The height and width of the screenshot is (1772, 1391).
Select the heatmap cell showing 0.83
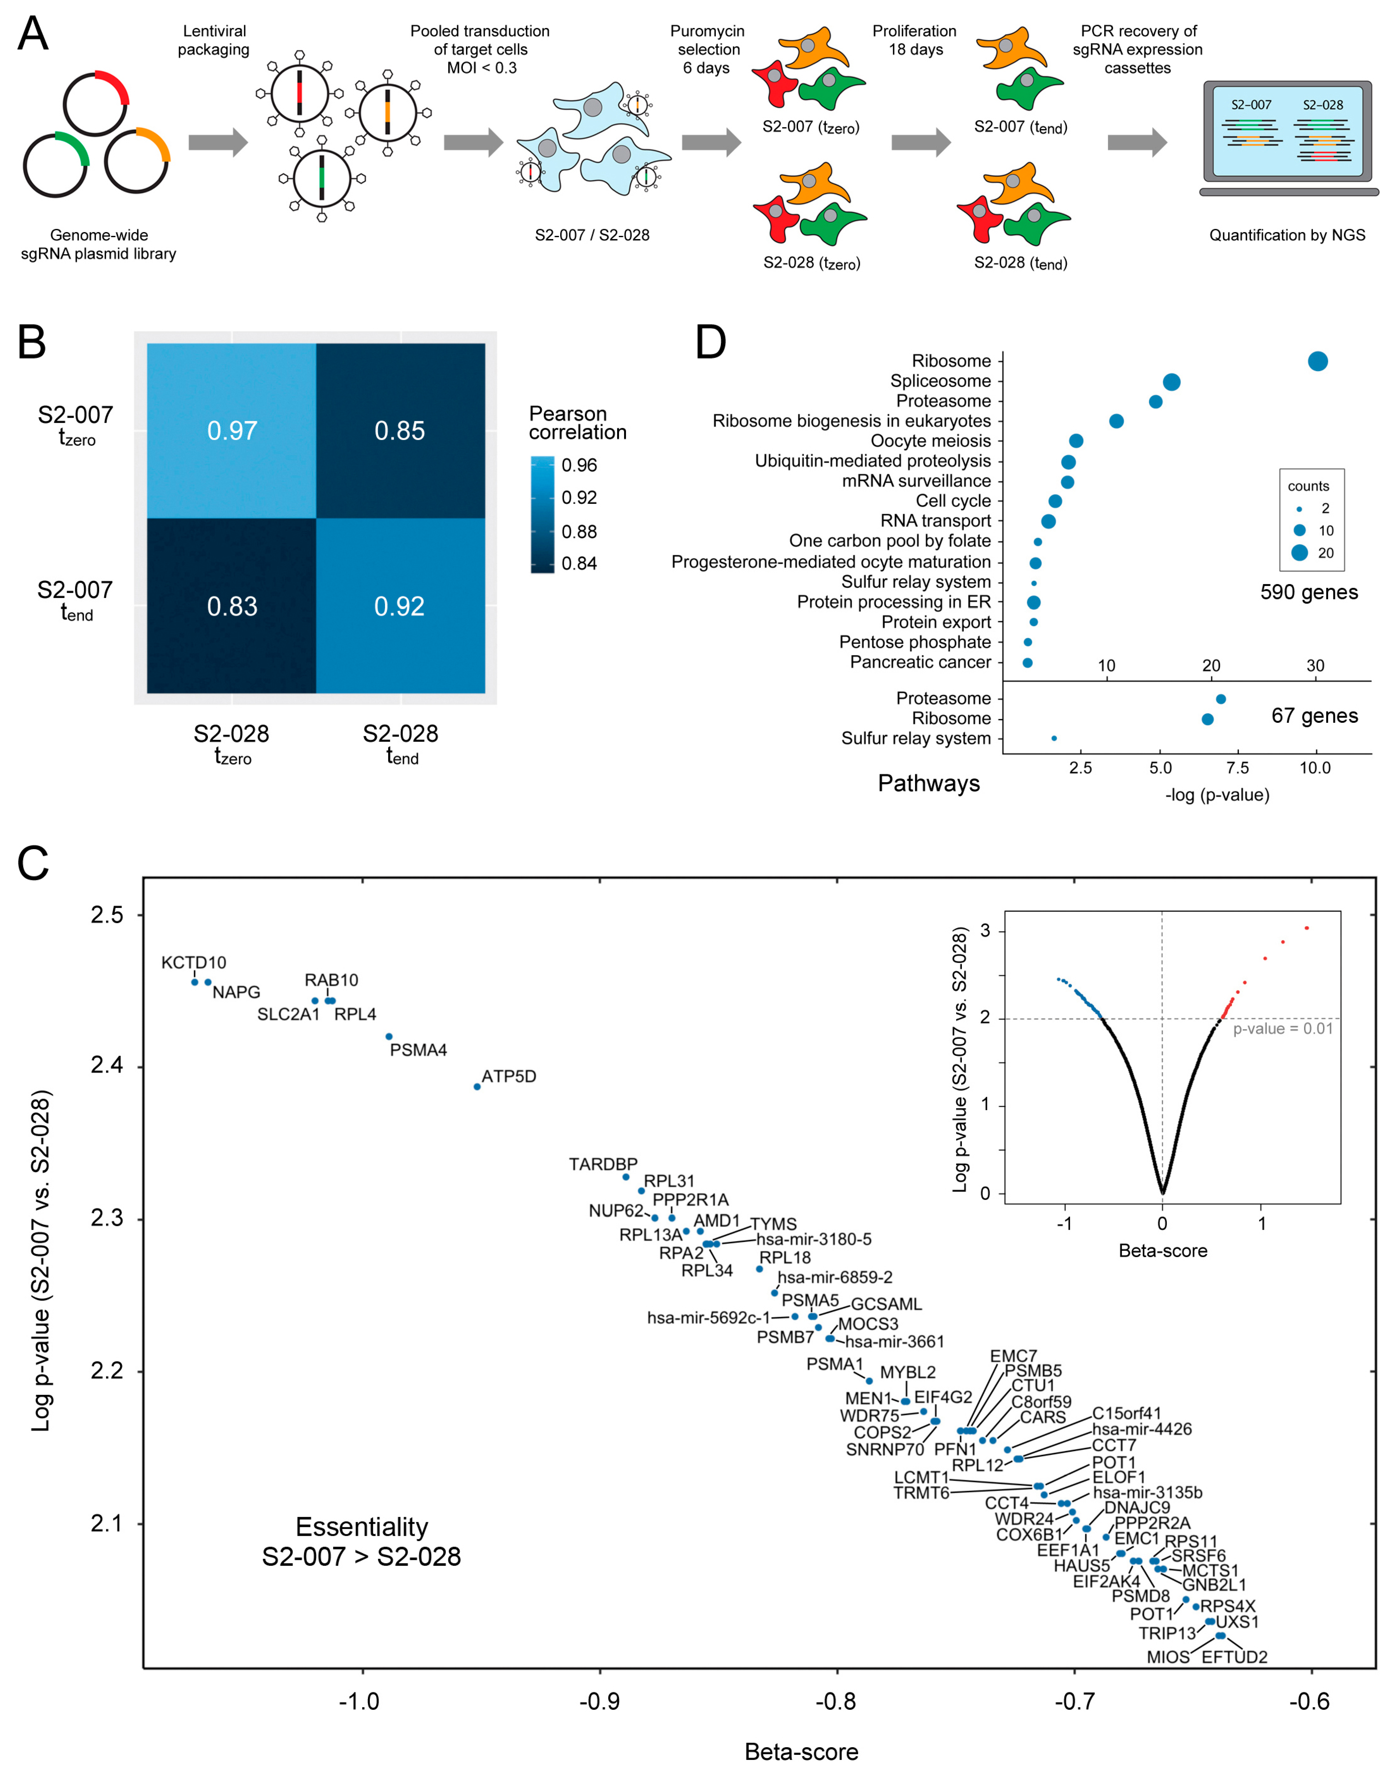click(x=232, y=606)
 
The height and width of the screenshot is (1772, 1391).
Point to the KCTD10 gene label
click(x=194, y=963)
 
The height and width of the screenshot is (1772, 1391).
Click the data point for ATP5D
click(x=477, y=1086)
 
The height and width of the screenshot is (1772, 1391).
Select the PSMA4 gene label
click(x=418, y=1050)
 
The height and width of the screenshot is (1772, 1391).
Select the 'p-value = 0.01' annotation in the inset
click(x=1283, y=1029)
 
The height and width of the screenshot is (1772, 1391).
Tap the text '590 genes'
click(x=1309, y=592)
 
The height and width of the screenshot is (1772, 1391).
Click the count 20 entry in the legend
click(x=1311, y=553)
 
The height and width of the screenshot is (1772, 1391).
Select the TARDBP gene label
click(x=603, y=1164)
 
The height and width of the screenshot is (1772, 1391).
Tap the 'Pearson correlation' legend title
click(x=577, y=423)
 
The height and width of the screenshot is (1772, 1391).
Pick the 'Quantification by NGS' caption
click(x=1287, y=235)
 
